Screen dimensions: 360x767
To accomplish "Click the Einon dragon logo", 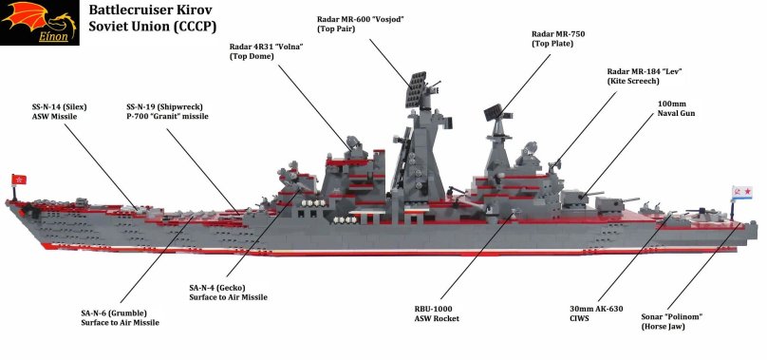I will click(x=37, y=24).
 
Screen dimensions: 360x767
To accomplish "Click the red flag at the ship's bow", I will click(x=15, y=180).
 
